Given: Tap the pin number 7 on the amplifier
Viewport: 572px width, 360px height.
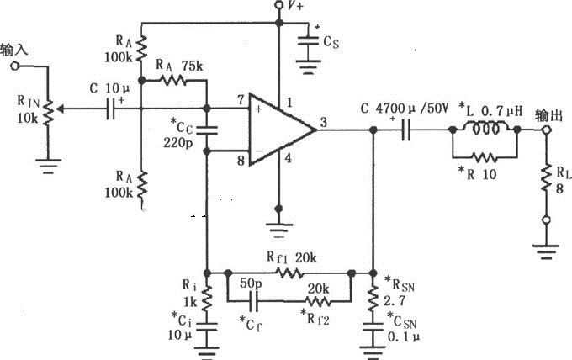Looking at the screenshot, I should pyautogui.click(x=241, y=101).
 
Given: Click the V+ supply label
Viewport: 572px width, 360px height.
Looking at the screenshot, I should pyautogui.click(x=294, y=7).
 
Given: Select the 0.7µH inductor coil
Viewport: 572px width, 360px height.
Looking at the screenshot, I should pyautogui.click(x=485, y=130).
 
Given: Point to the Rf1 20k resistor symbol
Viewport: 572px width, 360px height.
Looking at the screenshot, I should pyautogui.click(x=290, y=273).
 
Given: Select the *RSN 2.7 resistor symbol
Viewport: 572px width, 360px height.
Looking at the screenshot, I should pyautogui.click(x=373, y=299).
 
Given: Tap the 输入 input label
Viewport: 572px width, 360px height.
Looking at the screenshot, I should pyautogui.click(x=14, y=49).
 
